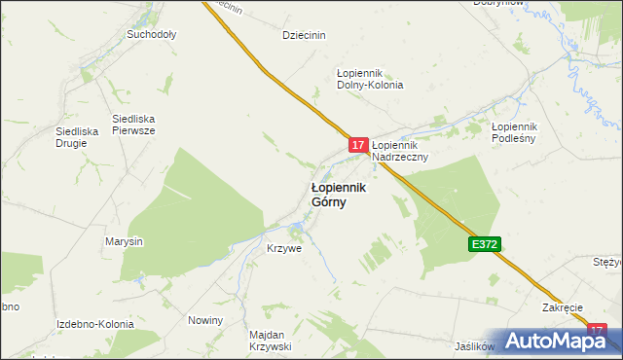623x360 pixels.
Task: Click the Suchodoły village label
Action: coord(151,34)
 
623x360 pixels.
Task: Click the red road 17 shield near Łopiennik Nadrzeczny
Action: coord(358,144)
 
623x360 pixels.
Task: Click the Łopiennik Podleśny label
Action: coord(515,132)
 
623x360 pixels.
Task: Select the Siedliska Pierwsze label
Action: coord(133,125)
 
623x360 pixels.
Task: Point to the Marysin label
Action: coord(125,241)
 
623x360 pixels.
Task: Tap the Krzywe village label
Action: coord(284,248)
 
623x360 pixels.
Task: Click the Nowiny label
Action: coord(205,320)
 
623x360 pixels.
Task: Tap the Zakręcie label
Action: coord(563,307)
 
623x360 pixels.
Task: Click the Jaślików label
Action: coord(475,345)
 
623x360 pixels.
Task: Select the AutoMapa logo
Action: coord(558,341)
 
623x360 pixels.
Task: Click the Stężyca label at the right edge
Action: coord(607,263)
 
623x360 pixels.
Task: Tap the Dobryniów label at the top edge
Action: coord(498,4)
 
